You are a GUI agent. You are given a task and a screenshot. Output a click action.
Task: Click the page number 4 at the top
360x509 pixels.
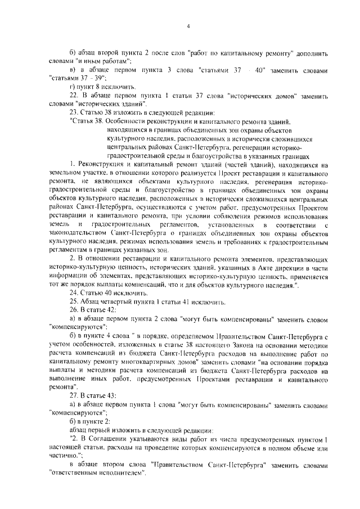188,26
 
